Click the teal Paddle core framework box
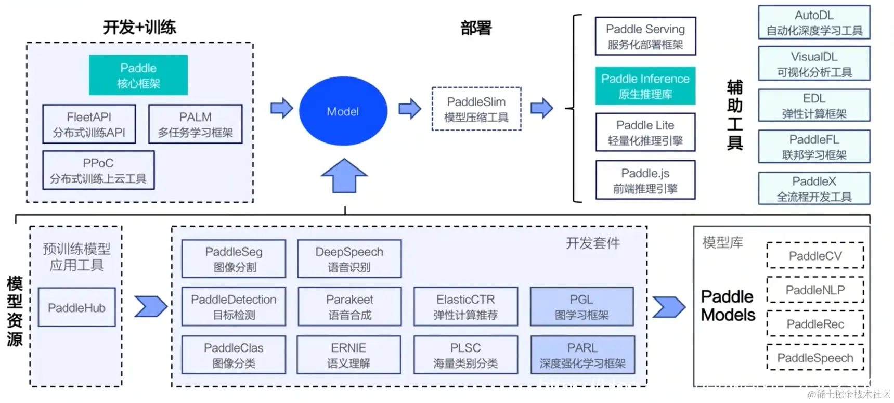click(138, 75)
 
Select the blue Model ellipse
click(343, 111)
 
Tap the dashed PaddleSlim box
click(476, 109)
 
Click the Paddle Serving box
click(645, 36)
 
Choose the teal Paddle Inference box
click(645, 86)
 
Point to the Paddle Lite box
click(645, 133)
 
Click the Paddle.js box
click(645, 180)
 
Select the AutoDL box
click(813, 22)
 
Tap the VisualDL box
click(813, 64)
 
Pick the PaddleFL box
click(813, 147)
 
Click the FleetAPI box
click(89, 124)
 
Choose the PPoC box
click(98, 171)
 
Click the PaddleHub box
click(76, 308)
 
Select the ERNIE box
click(348, 355)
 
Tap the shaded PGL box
click(581, 307)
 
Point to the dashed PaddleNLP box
click(814, 290)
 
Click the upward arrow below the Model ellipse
click(344, 176)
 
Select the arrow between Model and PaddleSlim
click(409, 109)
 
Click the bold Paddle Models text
click(728, 306)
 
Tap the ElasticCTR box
click(465, 307)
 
